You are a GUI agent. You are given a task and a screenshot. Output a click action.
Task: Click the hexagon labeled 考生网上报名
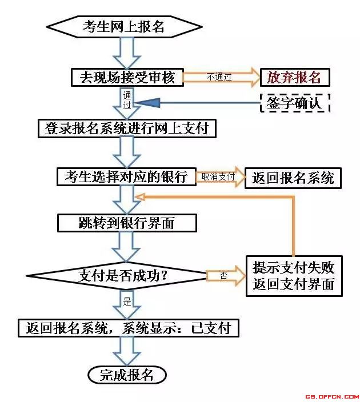coord(124,27)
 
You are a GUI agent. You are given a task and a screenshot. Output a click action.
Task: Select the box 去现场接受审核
coord(127,77)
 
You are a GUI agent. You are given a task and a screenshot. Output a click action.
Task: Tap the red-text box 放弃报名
coord(295,77)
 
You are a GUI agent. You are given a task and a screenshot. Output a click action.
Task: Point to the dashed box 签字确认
coord(295,103)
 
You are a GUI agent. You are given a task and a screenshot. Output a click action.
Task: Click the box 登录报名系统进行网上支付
coord(127,128)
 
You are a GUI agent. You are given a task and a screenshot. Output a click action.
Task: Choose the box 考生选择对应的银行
coord(126,176)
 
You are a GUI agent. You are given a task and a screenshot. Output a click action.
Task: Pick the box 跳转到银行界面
coord(127,223)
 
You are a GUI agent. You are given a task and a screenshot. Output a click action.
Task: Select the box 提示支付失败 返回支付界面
coord(294,276)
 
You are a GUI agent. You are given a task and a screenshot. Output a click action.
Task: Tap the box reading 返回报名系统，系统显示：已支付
coord(129,328)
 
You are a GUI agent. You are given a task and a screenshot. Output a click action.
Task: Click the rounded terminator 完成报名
coord(127,375)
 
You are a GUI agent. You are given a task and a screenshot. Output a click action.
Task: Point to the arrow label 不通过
coord(219,77)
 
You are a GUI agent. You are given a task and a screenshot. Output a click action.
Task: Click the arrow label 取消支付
coord(218,176)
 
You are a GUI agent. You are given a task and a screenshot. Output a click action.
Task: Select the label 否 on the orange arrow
coord(223,276)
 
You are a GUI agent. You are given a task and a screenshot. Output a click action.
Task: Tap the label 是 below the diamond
coord(127,301)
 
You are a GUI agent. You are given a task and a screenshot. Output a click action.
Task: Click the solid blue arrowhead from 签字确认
coord(149,103)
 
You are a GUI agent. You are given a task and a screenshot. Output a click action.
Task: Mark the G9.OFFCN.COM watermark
coord(332,397)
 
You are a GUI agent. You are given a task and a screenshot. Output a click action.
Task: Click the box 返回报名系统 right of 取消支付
coord(293,178)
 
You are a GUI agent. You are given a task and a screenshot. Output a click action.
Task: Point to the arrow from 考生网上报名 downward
coord(127,53)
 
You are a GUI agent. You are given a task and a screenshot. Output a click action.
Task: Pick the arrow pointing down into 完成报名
coord(127,351)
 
